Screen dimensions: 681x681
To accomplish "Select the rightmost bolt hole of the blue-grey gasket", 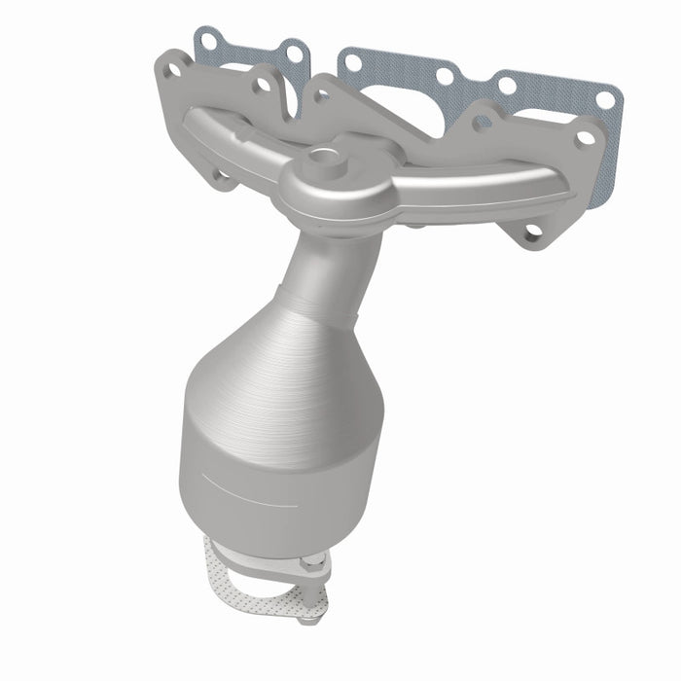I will coord(604,99).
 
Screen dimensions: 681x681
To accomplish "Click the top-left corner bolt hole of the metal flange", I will coord(173,69).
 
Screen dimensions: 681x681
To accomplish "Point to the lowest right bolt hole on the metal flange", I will coord(531,233).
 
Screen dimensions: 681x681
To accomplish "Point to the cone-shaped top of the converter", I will coord(292,360).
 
